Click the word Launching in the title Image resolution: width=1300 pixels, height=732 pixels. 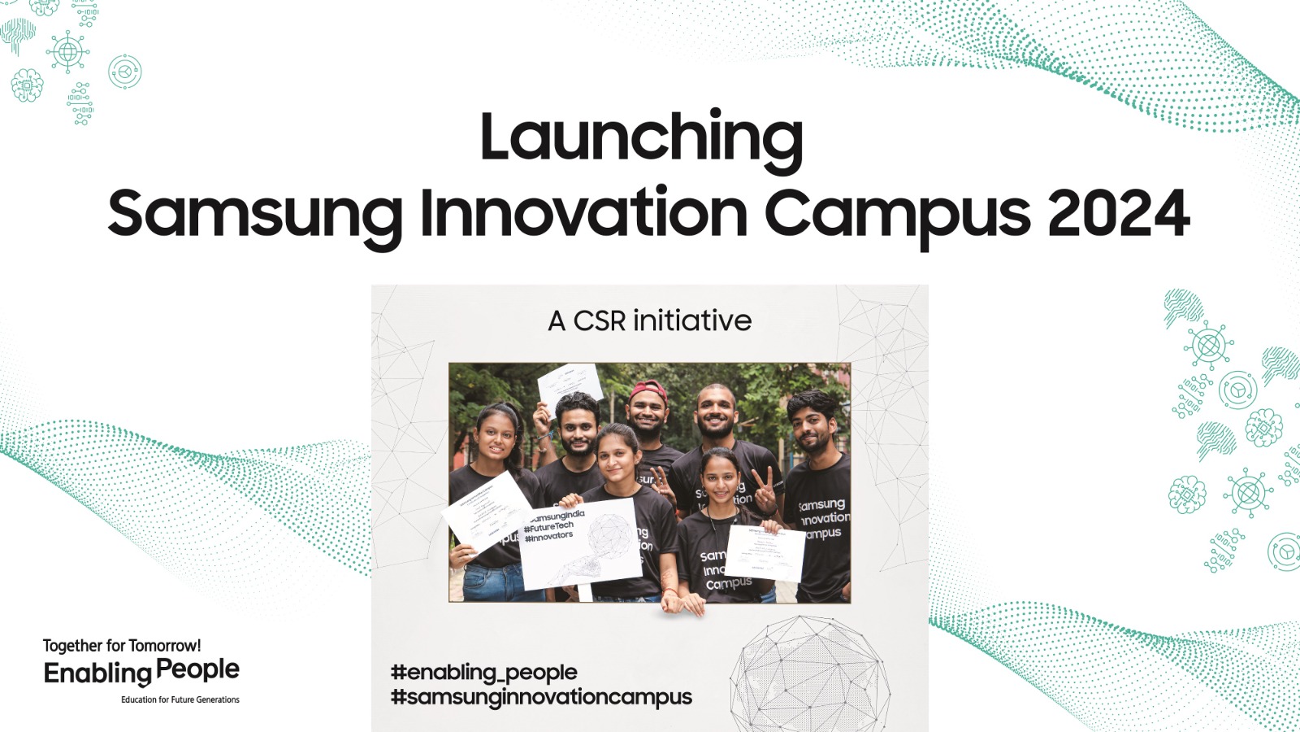click(x=641, y=138)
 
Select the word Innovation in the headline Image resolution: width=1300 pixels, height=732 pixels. click(x=583, y=213)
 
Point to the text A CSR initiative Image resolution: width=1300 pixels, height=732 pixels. click(x=650, y=321)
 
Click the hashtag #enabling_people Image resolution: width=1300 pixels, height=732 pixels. click(x=483, y=673)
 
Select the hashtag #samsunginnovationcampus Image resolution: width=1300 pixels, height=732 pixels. click(x=541, y=697)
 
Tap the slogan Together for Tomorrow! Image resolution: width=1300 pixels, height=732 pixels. click(x=122, y=646)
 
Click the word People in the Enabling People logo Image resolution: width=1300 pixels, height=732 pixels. click(x=197, y=670)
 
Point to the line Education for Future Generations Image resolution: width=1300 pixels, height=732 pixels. click(x=180, y=699)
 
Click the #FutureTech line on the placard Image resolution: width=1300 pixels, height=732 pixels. click(x=549, y=527)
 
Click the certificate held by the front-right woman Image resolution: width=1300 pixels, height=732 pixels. click(x=764, y=553)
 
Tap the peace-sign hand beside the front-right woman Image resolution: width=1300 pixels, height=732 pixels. click(x=764, y=486)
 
